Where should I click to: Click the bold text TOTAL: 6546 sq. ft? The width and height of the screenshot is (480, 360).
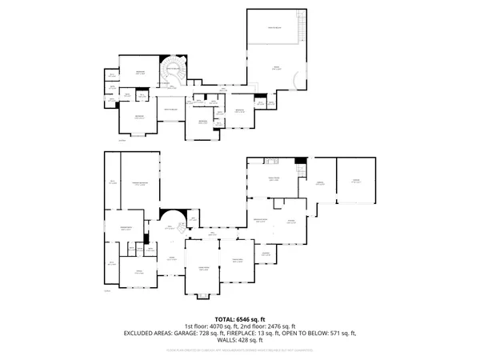point(240,318)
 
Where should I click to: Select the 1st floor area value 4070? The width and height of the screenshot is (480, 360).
point(222,326)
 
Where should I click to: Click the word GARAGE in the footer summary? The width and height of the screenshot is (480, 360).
point(190,333)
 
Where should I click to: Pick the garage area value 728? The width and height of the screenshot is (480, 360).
point(211,333)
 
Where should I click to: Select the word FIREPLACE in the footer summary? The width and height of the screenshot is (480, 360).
point(249,333)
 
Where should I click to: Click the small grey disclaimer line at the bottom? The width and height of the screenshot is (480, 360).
point(240,350)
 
